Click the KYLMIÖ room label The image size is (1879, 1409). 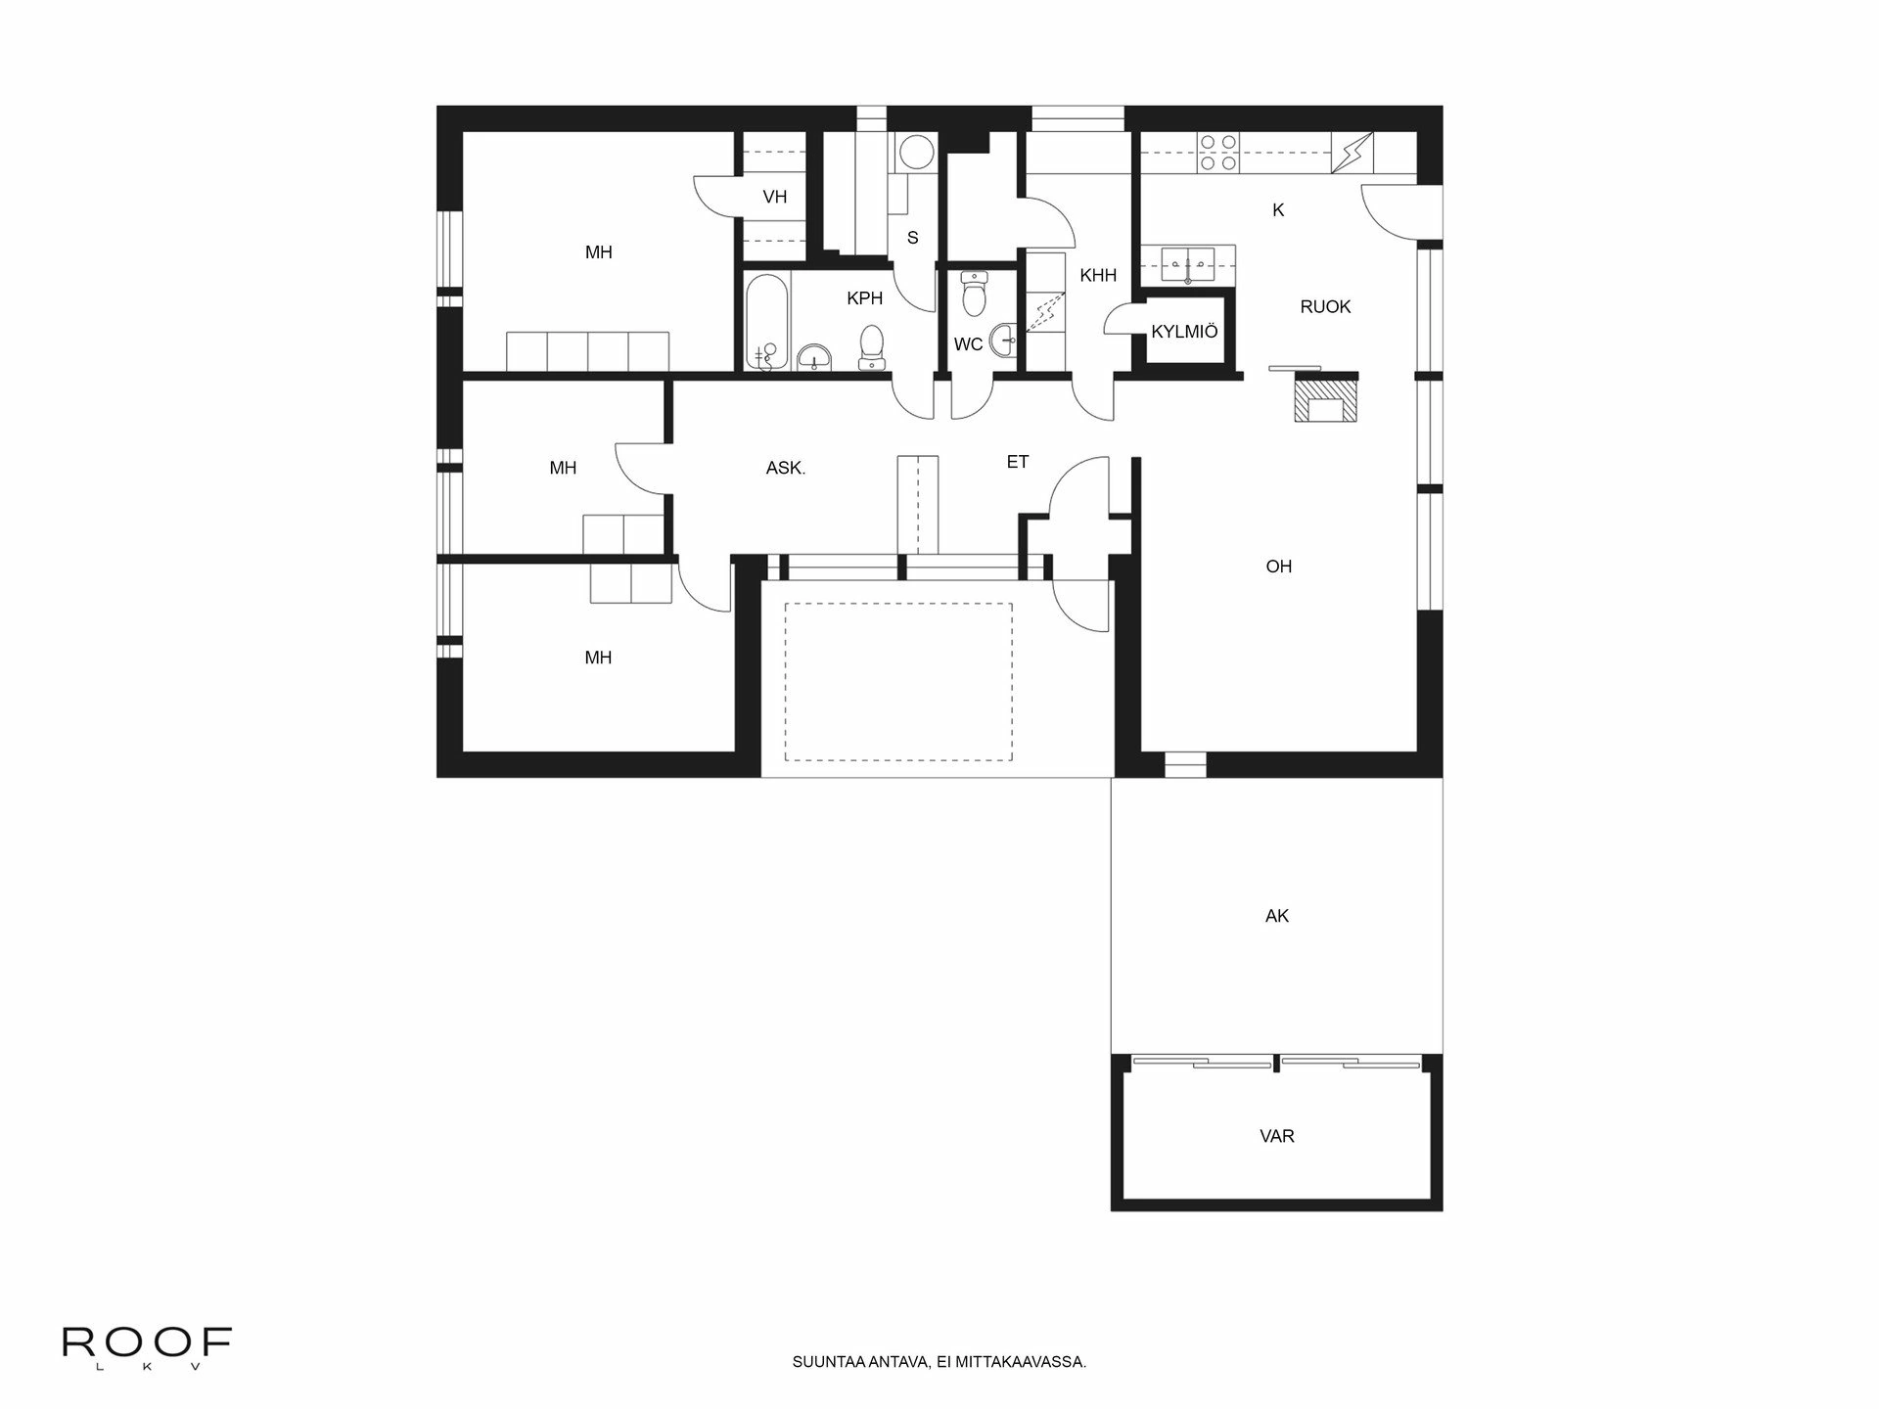coord(1184,332)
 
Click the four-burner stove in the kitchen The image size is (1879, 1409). coord(1218,153)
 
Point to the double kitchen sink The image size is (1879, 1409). coord(1188,264)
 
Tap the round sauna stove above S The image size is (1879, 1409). coord(916,153)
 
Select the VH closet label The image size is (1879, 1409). coord(774,197)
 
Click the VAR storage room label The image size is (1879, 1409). coord(1276,1136)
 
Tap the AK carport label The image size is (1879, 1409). coord(1276,916)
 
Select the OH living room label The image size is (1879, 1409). coord(1278,566)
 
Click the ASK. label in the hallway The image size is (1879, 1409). coord(785,468)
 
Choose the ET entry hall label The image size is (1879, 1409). coord(1017,461)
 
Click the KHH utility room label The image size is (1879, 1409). coord(1097,275)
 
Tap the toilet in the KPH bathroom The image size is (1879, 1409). coord(870,346)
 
